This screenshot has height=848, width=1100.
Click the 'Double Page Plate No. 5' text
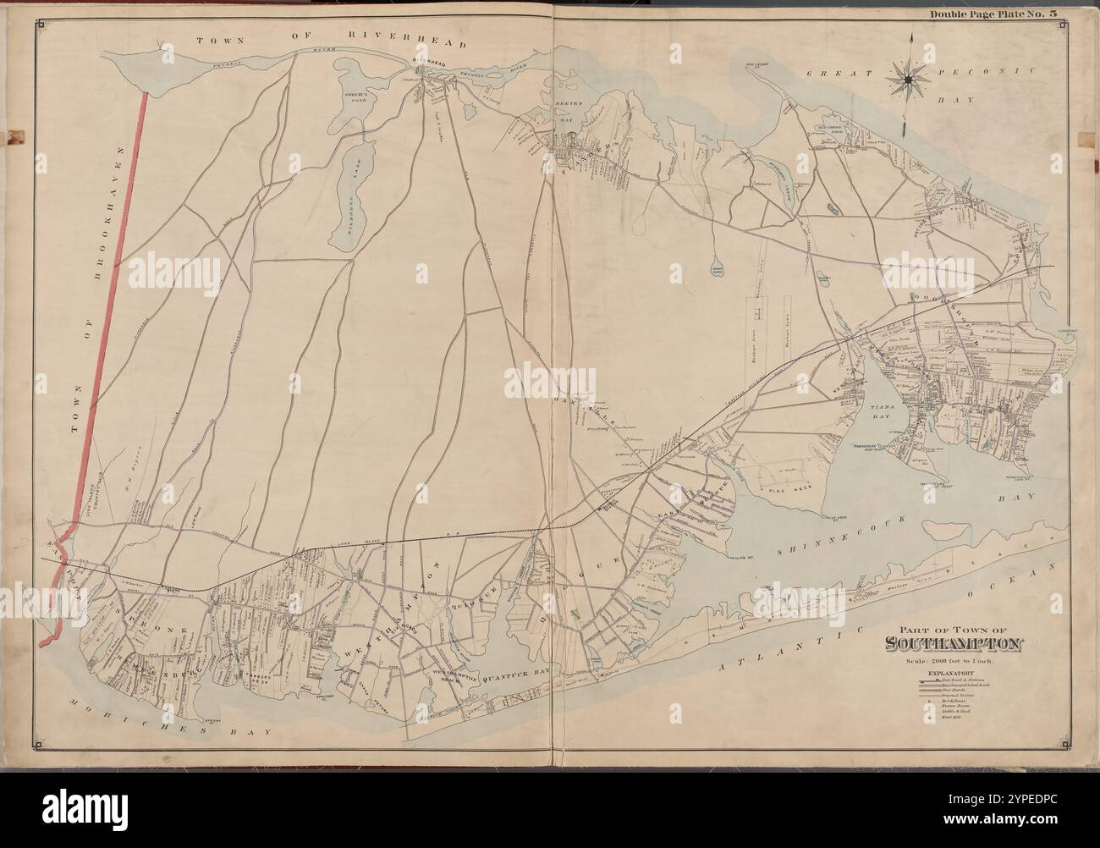click(x=991, y=14)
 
